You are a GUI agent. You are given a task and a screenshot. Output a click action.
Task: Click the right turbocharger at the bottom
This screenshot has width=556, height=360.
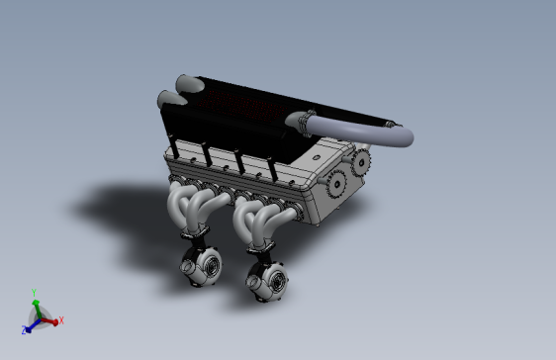pos(270,282)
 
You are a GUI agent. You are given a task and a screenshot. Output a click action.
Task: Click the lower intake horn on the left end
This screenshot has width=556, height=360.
pos(166,100)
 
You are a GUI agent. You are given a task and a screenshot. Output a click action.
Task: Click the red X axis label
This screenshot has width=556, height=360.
pos(61,319)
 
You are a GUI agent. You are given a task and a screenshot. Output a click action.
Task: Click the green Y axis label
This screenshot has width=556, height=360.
pos(35,292)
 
